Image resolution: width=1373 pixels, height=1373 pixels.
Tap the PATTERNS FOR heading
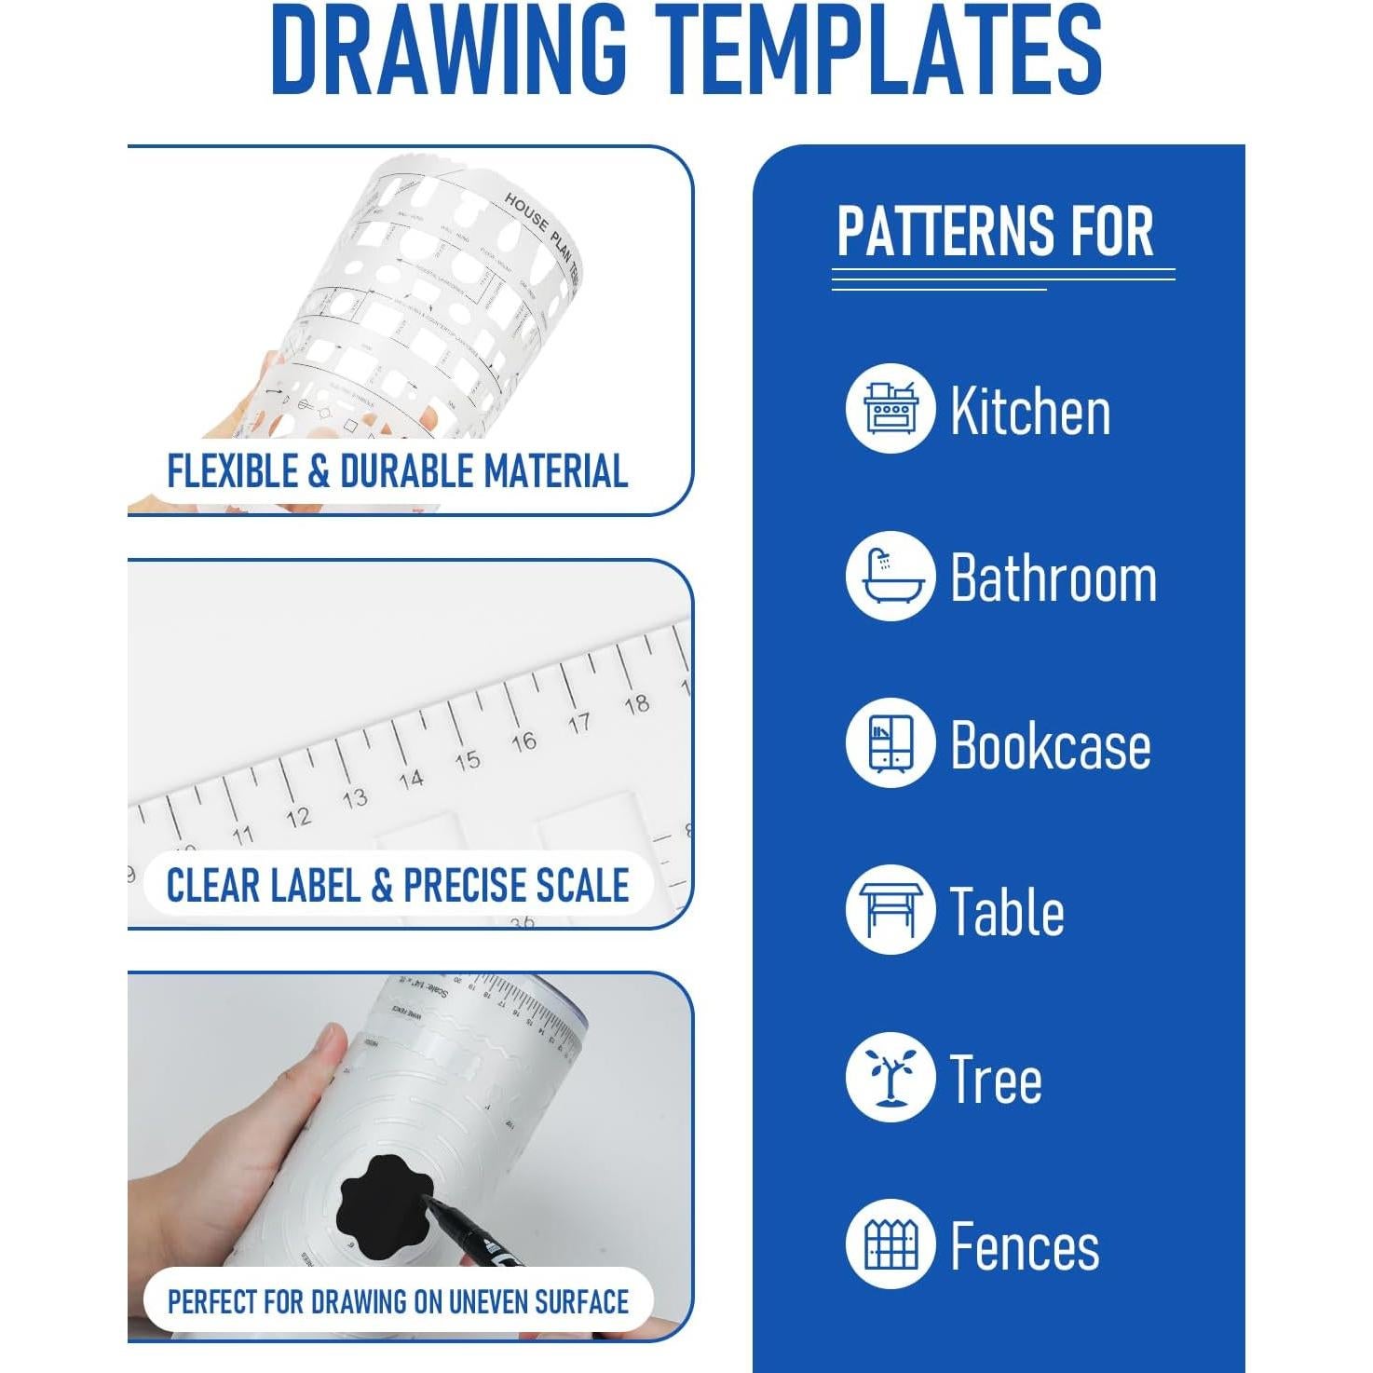coord(995,232)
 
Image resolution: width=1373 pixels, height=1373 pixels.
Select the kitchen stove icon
coord(890,409)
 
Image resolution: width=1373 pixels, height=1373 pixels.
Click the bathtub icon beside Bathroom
coord(890,577)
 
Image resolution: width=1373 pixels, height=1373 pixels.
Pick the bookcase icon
coord(890,743)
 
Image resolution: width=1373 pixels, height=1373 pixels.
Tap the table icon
coord(890,910)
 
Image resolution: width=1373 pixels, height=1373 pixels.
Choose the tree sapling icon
coord(890,1078)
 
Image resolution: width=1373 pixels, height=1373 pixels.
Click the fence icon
coord(890,1244)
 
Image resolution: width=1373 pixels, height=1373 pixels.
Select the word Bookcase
coord(1050,745)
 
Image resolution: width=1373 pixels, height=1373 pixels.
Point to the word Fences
coord(1024,1246)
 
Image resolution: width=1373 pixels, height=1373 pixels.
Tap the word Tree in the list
coord(995,1080)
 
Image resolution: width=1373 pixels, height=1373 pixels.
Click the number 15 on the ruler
coord(468,760)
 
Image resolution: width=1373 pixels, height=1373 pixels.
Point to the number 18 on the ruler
coord(637,704)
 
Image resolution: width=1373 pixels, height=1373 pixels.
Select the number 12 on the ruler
coord(298,817)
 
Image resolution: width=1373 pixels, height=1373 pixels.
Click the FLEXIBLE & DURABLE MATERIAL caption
coord(397,471)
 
